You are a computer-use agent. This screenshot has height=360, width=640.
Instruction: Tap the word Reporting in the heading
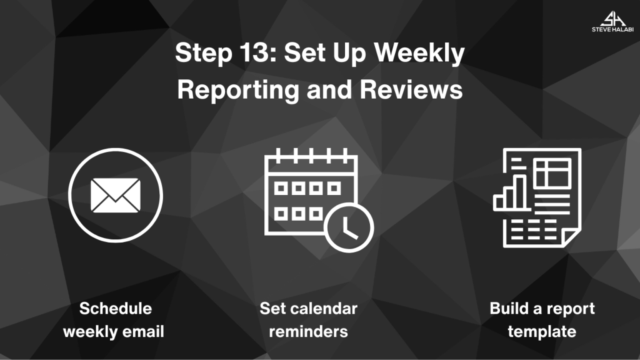[238, 90]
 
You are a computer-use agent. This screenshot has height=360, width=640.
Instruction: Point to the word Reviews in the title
[411, 89]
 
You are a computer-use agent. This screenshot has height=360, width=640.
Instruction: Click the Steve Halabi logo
[612, 22]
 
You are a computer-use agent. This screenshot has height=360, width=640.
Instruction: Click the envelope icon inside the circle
[116, 195]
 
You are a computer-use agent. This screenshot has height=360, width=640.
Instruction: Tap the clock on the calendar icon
[349, 227]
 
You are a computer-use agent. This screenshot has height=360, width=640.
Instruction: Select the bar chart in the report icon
[510, 192]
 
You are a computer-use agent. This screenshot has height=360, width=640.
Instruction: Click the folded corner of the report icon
[571, 237]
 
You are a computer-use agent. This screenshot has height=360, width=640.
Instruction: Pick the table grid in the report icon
[552, 173]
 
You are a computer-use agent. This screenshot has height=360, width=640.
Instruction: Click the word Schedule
[116, 309]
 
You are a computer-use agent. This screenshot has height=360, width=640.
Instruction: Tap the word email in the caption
[143, 331]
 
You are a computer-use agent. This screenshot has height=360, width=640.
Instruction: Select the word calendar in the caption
[326, 309]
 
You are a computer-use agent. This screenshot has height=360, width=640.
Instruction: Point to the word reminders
[309, 331]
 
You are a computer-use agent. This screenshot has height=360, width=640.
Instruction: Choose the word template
[542, 332]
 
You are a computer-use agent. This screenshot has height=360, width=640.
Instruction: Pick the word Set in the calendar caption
[275, 309]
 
